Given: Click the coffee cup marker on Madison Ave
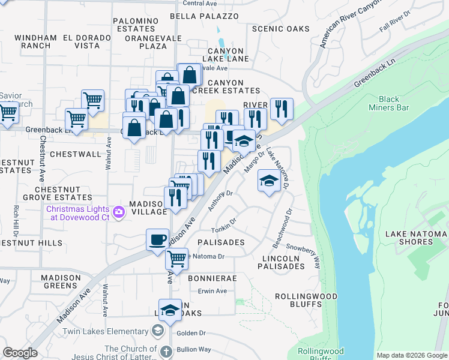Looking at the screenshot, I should pyautogui.click(x=157, y=239).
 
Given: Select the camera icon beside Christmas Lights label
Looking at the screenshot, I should pyautogui.click(x=119, y=211).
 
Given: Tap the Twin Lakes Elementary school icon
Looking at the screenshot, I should pyautogui.click(x=157, y=331).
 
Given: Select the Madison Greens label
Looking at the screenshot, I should pyautogui.click(x=61, y=281).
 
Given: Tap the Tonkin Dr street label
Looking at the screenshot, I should pyautogui.click(x=224, y=230).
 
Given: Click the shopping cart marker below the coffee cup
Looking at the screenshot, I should pyautogui.click(x=176, y=259).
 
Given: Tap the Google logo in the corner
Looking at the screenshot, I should pyautogui.click(x=20, y=353).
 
